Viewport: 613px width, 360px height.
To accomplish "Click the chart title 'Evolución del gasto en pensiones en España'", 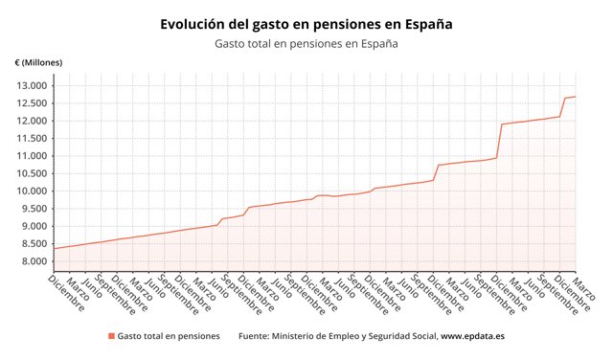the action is [306, 24].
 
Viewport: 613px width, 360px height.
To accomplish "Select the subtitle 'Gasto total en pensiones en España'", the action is [306, 43].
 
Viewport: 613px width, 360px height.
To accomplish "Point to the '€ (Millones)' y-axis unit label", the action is [38, 62].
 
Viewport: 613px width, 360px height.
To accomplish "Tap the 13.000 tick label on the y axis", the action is [32, 85].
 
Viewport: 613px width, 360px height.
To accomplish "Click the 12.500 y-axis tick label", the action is [32, 103].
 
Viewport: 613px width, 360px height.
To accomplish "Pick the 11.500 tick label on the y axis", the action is [32, 139].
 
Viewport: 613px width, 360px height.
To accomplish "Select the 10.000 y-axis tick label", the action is [32, 191].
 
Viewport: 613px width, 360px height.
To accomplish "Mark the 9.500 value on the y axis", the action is [34, 209].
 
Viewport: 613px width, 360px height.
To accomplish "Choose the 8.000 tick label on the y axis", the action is [34, 261].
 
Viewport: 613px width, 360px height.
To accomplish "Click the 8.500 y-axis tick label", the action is [34, 244].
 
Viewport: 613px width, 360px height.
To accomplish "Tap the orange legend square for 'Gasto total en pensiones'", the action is [111, 336].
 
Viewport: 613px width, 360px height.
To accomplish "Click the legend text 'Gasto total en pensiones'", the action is [169, 336].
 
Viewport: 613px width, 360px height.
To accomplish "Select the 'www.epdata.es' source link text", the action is [472, 336].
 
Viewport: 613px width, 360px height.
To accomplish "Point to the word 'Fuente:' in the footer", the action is [253, 336].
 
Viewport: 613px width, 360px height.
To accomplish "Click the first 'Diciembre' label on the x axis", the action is [66, 293].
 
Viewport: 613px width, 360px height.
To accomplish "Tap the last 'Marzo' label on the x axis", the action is [584, 287].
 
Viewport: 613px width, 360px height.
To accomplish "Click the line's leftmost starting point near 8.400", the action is [55, 248].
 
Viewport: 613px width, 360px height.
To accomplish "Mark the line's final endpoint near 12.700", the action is [576, 96].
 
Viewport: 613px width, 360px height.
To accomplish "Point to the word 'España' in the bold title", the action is [428, 24].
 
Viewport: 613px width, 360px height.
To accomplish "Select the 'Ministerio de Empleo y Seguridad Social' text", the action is [354, 336].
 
